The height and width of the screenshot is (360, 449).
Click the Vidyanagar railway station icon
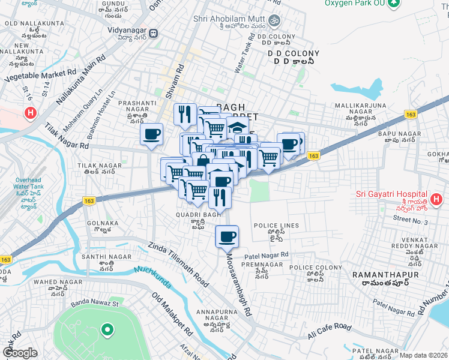click(154, 33)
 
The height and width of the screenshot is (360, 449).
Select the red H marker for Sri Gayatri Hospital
click(436, 199)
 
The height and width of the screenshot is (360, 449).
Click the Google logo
click(20, 353)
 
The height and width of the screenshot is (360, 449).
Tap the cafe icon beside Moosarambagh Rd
click(227, 236)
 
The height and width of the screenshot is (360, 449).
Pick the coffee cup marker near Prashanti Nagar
click(151, 134)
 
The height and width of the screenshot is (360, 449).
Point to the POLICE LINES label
click(276, 226)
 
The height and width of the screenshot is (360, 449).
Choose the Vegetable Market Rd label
click(40, 75)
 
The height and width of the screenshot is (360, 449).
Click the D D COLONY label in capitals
click(289, 53)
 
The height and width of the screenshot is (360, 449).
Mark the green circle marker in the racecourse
click(107, 329)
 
